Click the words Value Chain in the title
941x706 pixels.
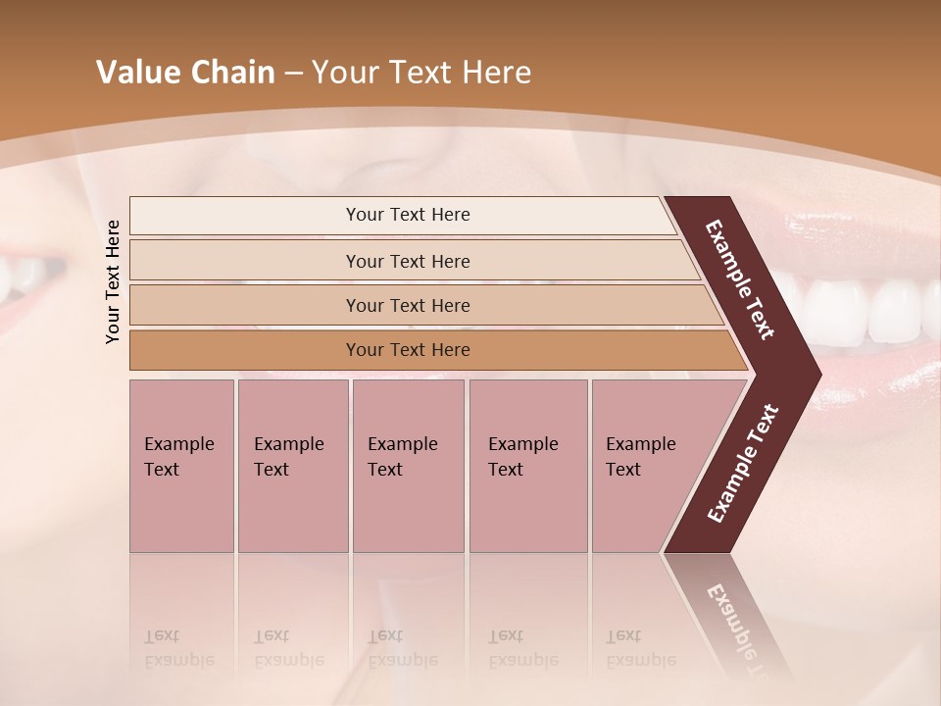pyautogui.click(x=185, y=73)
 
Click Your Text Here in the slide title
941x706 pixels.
pyautogui.click(x=421, y=73)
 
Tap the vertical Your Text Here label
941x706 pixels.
pyautogui.click(x=113, y=281)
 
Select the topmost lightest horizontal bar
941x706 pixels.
pyautogui.click(x=245, y=216)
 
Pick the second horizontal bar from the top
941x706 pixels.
pyautogui.click(x=245, y=261)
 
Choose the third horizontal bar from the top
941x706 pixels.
pyautogui.click(x=245, y=306)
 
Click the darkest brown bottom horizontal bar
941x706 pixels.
pyautogui.click(x=245, y=350)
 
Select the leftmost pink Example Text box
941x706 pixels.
pyautogui.click(x=181, y=466)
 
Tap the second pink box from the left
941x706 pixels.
pyautogui.click(x=293, y=466)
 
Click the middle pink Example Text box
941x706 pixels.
pyautogui.click(x=408, y=466)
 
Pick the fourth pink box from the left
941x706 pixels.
pyautogui.click(x=528, y=466)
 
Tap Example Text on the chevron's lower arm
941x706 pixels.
pyautogui.click(x=742, y=464)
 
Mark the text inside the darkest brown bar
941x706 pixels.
pyautogui.click(x=408, y=350)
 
